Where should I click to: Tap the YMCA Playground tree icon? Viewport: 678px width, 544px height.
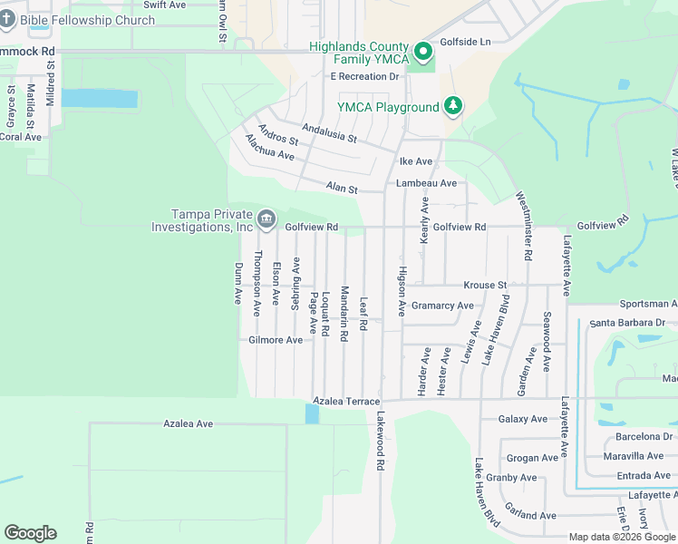(x=452, y=107)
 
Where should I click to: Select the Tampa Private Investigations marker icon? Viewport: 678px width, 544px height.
(x=266, y=218)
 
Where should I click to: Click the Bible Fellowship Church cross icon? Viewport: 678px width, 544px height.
(x=6, y=19)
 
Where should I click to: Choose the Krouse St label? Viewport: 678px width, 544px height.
(x=485, y=285)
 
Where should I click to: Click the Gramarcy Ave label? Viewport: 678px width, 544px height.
(x=442, y=306)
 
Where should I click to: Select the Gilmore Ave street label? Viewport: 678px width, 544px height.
(x=276, y=340)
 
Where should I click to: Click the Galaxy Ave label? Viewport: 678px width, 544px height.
(x=523, y=419)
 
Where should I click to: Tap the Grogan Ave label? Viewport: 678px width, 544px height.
(x=533, y=458)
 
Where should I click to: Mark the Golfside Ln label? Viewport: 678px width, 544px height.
(x=465, y=42)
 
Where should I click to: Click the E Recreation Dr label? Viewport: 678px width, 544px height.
(x=364, y=77)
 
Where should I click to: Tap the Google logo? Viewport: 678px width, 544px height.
(x=30, y=533)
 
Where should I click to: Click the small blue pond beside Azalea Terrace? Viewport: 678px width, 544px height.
(x=313, y=413)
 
